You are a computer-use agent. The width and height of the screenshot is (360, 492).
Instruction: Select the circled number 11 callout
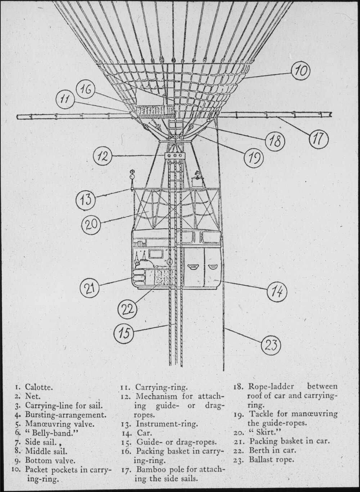pyautogui.click(x=65, y=100)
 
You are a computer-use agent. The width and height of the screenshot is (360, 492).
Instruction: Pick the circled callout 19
pyautogui.click(x=254, y=158)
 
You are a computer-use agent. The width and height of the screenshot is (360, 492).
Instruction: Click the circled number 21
pyautogui.click(x=90, y=288)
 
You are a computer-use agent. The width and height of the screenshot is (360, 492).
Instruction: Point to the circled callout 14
pyautogui.click(x=277, y=291)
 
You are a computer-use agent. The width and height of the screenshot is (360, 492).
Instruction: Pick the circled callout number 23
pyautogui.click(x=271, y=346)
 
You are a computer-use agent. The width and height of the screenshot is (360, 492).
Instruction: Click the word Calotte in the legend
pyautogui.click(x=39, y=387)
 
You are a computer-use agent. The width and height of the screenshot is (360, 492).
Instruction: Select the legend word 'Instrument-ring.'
pyautogui.click(x=167, y=424)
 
